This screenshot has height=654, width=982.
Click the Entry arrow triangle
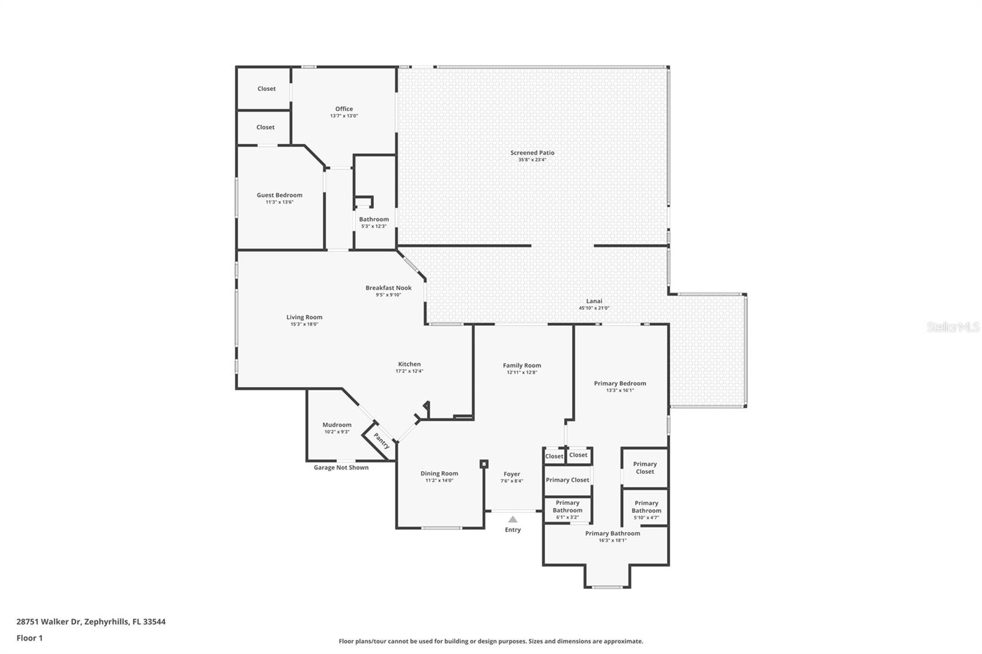(x=512, y=520)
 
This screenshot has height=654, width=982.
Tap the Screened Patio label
(x=532, y=153)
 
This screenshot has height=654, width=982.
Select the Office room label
(x=344, y=109)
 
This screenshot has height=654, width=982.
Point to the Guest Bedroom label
(x=280, y=195)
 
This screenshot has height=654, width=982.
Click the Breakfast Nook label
(x=389, y=288)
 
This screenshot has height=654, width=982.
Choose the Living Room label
(x=304, y=317)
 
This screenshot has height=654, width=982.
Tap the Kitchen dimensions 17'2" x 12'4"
(x=409, y=371)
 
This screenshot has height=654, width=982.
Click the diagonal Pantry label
(x=381, y=441)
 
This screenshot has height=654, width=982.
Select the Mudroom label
(x=337, y=425)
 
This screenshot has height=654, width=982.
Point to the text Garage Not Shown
(x=341, y=467)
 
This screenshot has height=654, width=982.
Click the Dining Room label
(x=439, y=474)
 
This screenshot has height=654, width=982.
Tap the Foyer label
(x=512, y=474)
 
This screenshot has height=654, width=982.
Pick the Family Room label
(x=522, y=365)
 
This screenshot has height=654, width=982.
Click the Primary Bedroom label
(x=621, y=383)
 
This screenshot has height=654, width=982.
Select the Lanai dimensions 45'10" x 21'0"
(x=594, y=308)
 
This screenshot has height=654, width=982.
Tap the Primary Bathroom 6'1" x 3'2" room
(x=568, y=510)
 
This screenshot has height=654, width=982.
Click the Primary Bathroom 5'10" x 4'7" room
(x=645, y=507)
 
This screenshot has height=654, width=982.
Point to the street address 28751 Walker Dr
(x=48, y=621)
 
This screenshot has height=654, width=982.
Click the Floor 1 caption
(x=30, y=638)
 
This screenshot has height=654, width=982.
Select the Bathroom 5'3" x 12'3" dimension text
(x=374, y=226)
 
